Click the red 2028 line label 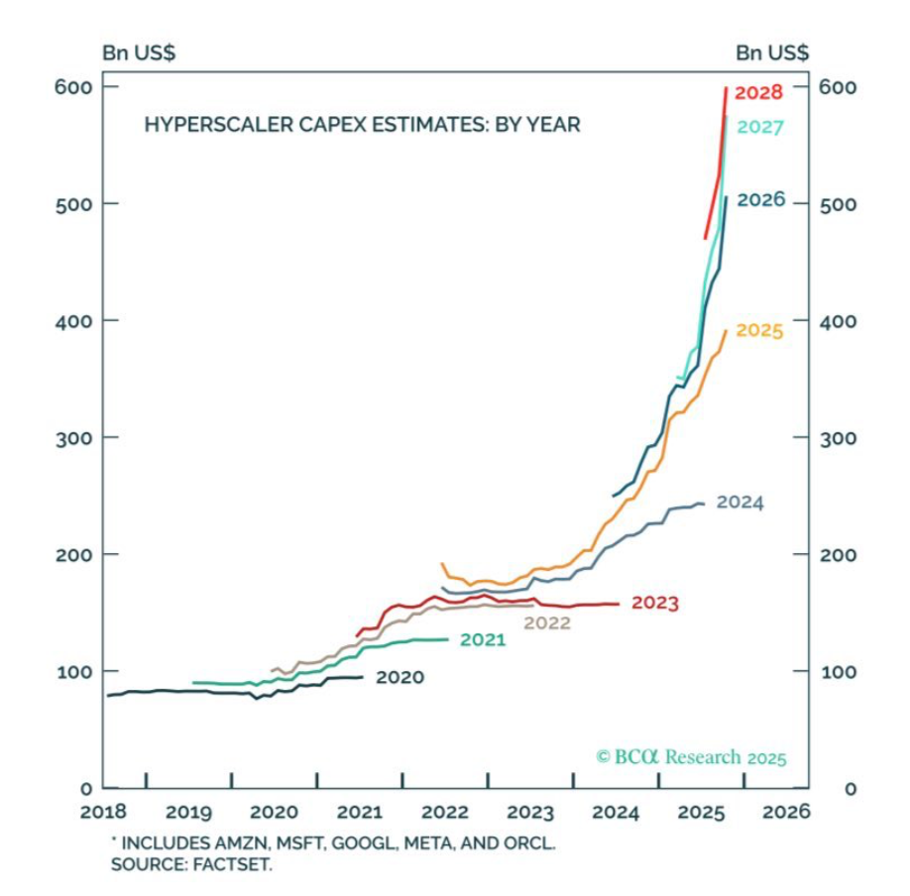[x=761, y=92]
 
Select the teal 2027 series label [x=761, y=127]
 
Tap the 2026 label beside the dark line [x=761, y=200]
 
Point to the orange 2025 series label [x=759, y=330]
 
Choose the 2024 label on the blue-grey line [x=739, y=503]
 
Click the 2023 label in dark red [x=654, y=603]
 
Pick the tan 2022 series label [x=547, y=623]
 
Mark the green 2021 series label [x=482, y=639]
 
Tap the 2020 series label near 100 [x=400, y=678]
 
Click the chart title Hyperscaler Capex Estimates [x=363, y=125]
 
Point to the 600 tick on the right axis [x=836, y=87]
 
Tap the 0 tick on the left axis [x=85, y=788]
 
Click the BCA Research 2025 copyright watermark [x=691, y=757]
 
